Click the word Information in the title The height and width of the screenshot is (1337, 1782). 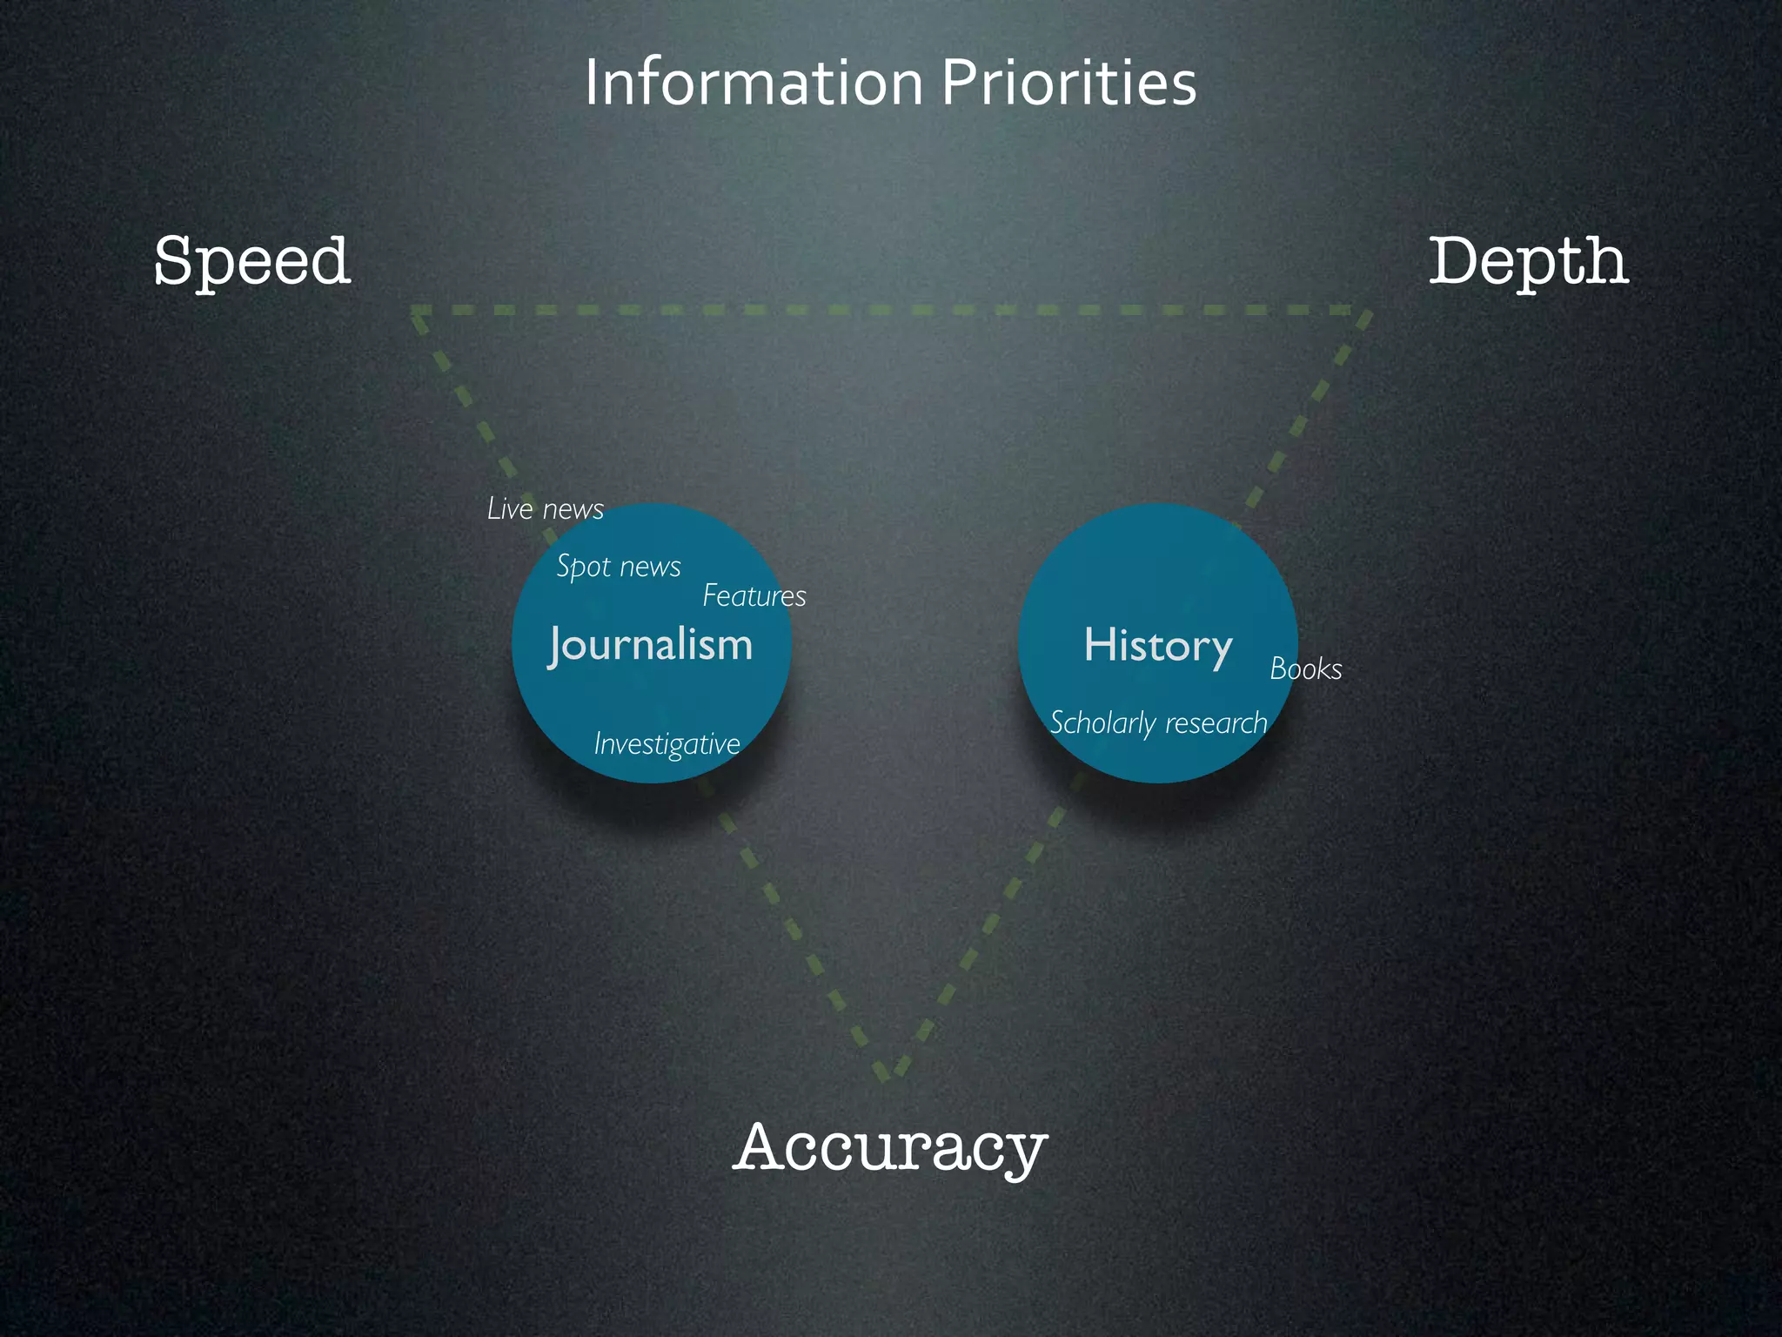754,84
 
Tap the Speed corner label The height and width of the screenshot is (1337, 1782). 252,261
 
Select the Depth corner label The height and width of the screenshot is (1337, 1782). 1528,261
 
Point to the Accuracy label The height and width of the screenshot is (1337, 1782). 890,1147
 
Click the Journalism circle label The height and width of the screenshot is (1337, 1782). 651,646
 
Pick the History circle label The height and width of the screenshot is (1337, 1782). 1158,646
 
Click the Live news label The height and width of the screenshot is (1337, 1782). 546,509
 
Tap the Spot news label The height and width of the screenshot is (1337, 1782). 619,567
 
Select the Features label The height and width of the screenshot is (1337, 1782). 754,596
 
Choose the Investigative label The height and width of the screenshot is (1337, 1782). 667,744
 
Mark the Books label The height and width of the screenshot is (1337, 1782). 1305,669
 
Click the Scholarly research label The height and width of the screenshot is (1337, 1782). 1158,723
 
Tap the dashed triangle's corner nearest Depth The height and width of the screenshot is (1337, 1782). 1364,312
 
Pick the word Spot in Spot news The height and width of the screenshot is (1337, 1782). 583,567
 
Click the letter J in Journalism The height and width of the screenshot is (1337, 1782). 558,646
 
